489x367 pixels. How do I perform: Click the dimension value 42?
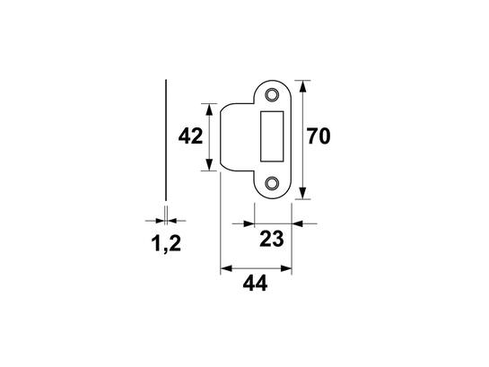point(190,136)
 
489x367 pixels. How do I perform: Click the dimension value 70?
point(319,136)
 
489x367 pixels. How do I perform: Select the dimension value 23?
point(272,239)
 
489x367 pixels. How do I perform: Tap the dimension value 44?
point(255,284)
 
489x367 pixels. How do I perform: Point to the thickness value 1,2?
point(166,244)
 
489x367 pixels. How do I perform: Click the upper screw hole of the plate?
point(272,94)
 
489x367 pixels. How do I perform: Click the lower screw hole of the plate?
point(272,183)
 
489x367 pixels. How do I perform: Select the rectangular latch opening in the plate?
point(272,136)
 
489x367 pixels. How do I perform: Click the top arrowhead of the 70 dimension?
point(302,86)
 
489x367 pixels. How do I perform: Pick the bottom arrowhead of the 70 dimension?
point(302,193)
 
